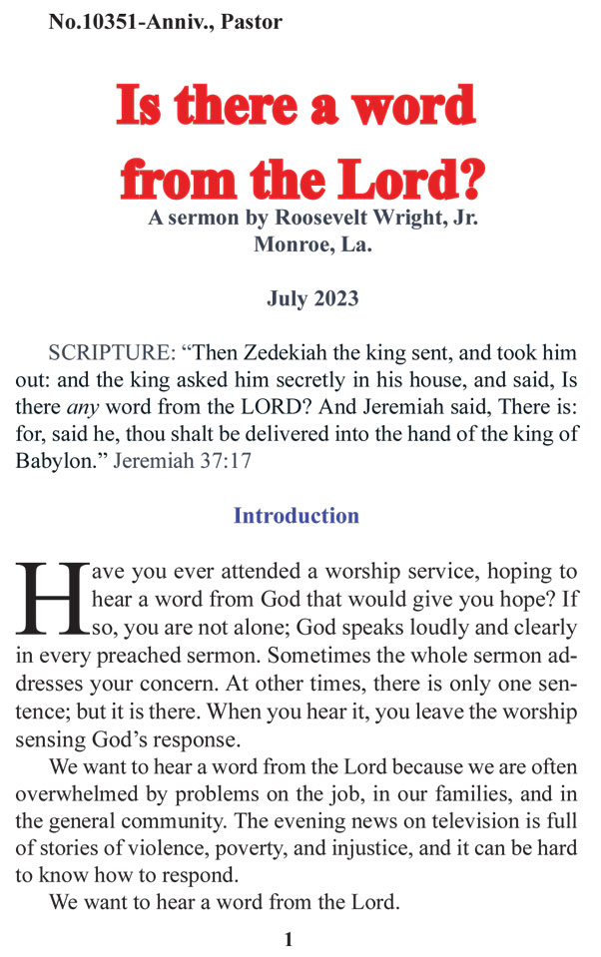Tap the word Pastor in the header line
[x=250, y=21]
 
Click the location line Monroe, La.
[x=312, y=243]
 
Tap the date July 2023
[x=312, y=297]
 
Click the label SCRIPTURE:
[x=111, y=353]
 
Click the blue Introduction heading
[x=296, y=516]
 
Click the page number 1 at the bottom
[x=289, y=939]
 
